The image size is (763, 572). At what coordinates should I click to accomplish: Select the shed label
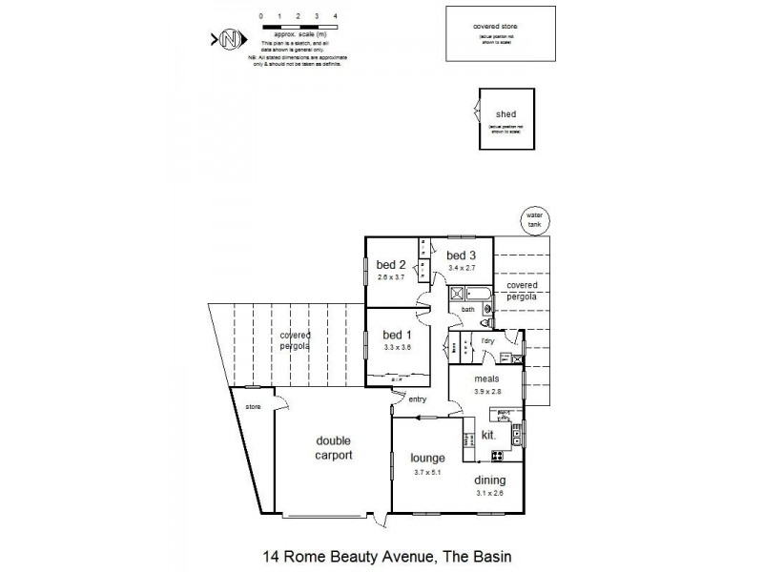click(505, 114)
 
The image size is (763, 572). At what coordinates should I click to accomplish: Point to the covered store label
click(500, 27)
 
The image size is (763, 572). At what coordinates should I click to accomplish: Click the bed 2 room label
click(391, 265)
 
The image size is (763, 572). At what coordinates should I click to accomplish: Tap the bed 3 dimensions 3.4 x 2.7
click(462, 268)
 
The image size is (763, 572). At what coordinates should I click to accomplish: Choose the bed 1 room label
click(397, 335)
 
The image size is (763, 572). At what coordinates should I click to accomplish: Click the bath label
click(467, 310)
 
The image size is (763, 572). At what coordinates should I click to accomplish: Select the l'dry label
click(486, 340)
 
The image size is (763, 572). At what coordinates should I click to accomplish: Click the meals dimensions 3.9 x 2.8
click(486, 392)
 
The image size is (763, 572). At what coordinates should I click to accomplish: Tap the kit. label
click(488, 435)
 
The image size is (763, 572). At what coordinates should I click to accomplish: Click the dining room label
click(487, 480)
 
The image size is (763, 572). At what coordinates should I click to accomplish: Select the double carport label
click(335, 448)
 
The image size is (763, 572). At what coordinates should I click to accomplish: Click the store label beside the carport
click(253, 407)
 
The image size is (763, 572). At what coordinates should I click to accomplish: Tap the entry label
click(418, 398)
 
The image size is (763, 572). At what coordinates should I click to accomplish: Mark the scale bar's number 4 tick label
click(335, 17)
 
